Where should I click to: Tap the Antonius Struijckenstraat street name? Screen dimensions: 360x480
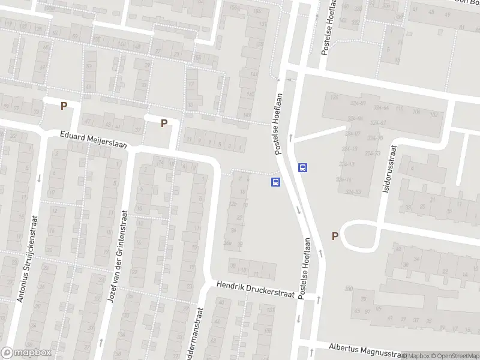28,259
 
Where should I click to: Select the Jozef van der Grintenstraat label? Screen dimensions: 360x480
118,257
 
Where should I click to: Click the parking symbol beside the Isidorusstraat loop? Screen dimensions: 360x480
335,236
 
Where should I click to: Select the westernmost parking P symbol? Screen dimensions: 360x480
64,106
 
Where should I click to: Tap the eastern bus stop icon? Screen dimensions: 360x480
304,168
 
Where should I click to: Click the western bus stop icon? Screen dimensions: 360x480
276,181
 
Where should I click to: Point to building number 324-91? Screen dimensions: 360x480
358,103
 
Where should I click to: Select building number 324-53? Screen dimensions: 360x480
353,192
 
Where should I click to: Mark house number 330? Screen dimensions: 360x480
349,289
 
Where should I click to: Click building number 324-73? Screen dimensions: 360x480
373,154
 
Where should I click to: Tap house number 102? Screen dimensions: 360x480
434,114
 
